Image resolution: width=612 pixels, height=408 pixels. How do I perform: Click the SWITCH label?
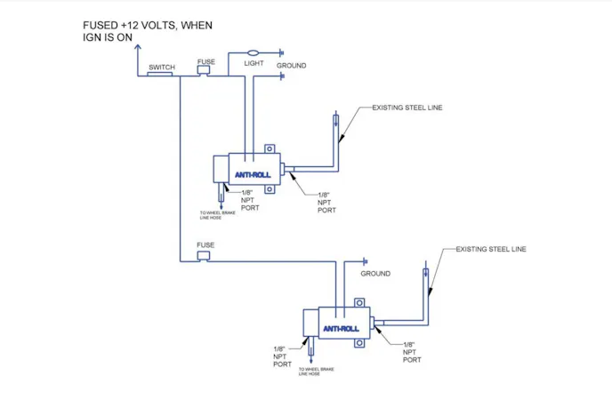click(x=162, y=68)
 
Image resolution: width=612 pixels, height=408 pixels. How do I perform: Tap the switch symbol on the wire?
click(x=160, y=75)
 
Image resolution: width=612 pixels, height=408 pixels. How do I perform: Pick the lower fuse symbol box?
click(x=204, y=256)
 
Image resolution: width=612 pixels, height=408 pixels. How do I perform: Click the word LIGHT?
click(x=254, y=65)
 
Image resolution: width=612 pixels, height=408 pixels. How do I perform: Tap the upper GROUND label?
click(x=291, y=66)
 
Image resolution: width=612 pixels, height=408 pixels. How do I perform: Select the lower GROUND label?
click(x=374, y=274)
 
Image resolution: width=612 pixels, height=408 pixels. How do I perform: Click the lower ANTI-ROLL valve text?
click(x=342, y=329)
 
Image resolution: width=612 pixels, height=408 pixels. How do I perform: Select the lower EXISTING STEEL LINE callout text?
click(x=490, y=249)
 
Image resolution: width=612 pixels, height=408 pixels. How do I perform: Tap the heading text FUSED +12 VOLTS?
click(x=147, y=25)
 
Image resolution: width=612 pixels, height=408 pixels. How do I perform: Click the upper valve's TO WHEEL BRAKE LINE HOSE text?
click(x=220, y=216)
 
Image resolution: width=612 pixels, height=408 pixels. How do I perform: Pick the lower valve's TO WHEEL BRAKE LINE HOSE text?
click(x=315, y=372)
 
